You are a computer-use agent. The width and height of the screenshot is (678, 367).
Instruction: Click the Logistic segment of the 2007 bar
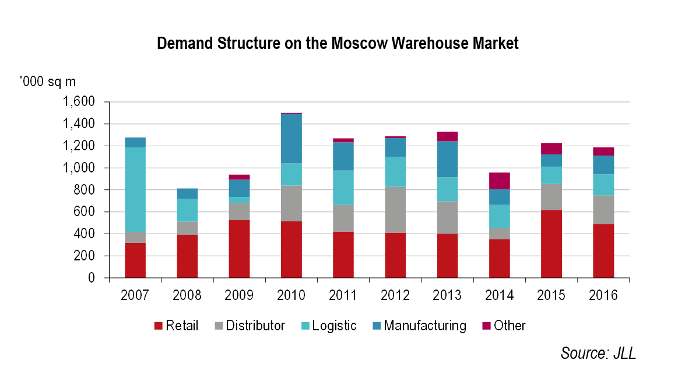[x=135, y=189]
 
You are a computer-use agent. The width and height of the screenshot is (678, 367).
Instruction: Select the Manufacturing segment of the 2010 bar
[x=291, y=138]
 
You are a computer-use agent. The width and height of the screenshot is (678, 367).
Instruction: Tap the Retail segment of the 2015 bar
[x=551, y=244]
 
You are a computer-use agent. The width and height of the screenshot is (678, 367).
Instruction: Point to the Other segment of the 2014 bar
[x=500, y=181]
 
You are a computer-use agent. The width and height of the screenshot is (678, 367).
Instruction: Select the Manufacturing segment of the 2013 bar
[x=448, y=159]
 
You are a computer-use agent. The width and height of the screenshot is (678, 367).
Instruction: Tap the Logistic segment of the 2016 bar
[x=603, y=185]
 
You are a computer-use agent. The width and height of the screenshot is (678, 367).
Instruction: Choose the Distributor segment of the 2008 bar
[x=187, y=228]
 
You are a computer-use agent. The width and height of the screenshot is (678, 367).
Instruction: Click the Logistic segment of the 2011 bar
[x=343, y=188]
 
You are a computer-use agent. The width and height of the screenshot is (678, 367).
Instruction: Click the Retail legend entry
[x=176, y=326]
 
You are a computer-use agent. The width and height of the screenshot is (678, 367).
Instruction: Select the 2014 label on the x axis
[x=500, y=295]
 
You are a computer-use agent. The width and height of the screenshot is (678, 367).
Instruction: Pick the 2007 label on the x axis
[x=135, y=295]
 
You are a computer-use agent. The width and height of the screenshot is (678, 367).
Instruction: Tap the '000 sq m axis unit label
[x=47, y=81]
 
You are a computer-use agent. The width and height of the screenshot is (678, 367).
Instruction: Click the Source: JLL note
[x=598, y=352]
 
